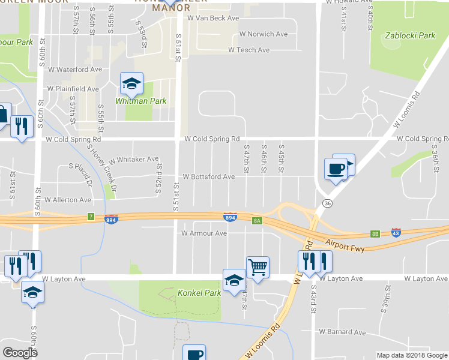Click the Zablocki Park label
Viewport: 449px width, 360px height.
pos(411,36)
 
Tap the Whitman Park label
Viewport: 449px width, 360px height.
pos(141,101)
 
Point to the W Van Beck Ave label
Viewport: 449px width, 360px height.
pos(213,19)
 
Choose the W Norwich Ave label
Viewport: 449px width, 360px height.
pos(264,34)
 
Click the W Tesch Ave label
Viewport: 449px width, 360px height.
pos(249,50)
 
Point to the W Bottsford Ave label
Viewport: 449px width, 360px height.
pos(208,177)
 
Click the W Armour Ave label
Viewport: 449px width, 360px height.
pos(204,233)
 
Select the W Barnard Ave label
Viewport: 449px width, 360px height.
pos(342,331)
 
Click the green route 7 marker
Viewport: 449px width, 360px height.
pos(91,216)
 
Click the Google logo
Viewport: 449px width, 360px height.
pos(20,353)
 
